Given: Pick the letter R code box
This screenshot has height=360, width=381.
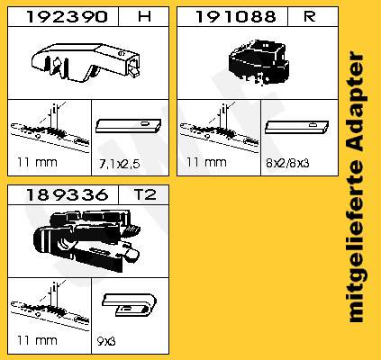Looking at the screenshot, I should pyautogui.click(x=309, y=15).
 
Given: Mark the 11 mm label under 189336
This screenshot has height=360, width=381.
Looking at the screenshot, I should pyautogui.click(x=36, y=341).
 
